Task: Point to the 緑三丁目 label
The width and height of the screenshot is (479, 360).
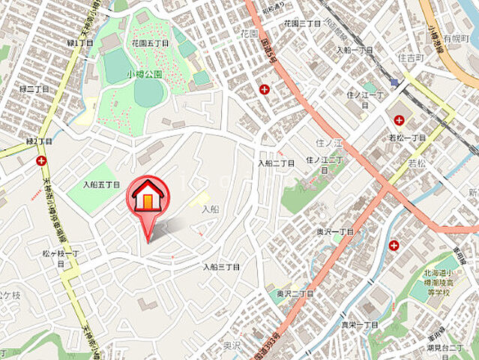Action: click(35, 88)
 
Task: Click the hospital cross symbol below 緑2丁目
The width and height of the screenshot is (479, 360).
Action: click(40, 160)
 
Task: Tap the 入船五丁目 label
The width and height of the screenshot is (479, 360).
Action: click(102, 184)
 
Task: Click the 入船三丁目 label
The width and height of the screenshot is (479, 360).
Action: click(221, 267)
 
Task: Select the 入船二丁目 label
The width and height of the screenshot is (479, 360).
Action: click(277, 163)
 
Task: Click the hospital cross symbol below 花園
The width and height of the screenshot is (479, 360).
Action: click(264, 90)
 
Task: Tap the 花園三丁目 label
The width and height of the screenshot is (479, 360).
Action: click(302, 24)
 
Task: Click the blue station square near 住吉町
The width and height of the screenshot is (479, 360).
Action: click(394, 82)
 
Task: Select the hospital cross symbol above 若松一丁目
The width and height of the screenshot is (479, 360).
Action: click(398, 119)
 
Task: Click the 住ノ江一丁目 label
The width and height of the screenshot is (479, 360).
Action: click(365, 98)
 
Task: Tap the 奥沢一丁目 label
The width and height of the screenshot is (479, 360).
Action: click(334, 232)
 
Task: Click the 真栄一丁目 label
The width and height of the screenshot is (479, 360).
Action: click(360, 325)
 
